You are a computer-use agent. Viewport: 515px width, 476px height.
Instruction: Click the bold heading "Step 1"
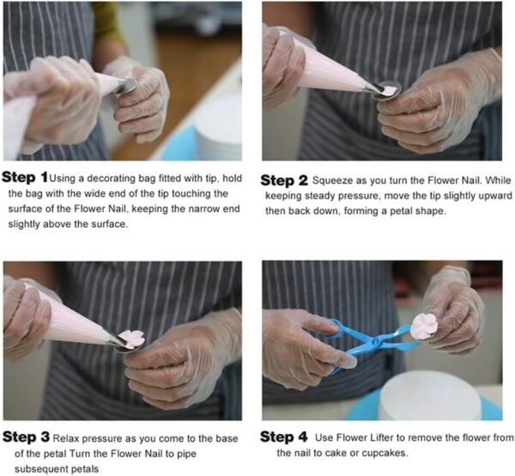click(25, 177)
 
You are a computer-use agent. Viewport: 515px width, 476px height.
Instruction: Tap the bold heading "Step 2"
click(284, 180)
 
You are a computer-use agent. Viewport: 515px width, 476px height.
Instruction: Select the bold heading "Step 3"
click(26, 436)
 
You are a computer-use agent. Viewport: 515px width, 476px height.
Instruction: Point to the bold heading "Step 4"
click(284, 436)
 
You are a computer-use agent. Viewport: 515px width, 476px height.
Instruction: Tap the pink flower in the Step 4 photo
click(424, 326)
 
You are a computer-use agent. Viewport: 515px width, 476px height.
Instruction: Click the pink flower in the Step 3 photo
click(131, 339)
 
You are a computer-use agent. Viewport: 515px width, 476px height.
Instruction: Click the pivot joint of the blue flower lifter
click(376, 342)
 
